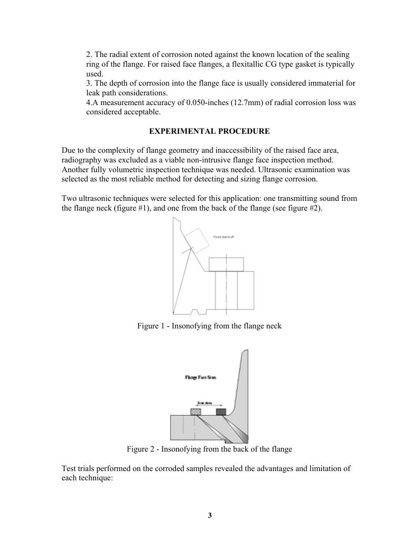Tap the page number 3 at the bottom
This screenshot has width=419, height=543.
pos(210,515)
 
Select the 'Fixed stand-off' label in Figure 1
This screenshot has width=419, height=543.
pos(224,237)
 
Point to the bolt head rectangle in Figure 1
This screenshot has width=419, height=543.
pos(227,264)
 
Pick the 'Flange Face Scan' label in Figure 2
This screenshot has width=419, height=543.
pos(200,377)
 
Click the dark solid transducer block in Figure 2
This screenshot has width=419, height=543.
pos(221,412)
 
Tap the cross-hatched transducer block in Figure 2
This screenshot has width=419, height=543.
pos(195,412)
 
